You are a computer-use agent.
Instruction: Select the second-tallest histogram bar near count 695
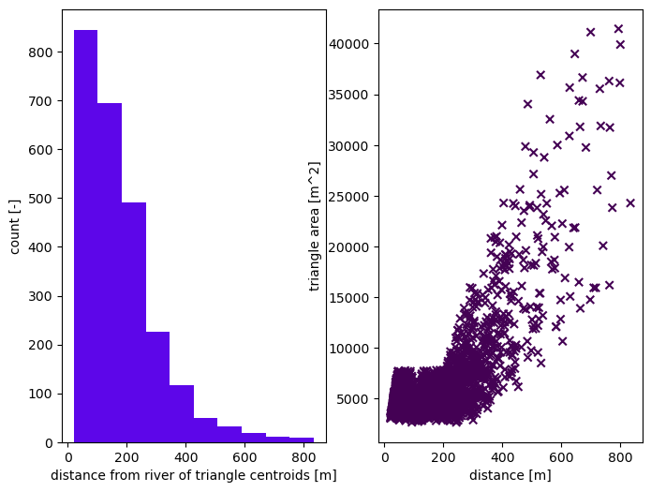(110, 272)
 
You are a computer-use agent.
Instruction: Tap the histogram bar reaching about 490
(134, 323)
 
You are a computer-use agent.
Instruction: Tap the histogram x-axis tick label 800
(303, 458)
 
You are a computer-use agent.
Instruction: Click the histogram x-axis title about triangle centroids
(193, 476)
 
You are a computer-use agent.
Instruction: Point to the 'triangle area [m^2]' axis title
(316, 226)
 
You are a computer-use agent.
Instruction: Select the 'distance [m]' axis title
(510, 476)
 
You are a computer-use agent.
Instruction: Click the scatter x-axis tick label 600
(562, 458)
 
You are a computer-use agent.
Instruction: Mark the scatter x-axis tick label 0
(385, 458)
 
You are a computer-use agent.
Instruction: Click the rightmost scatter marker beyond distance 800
(630, 202)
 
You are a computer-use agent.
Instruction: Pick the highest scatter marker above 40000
(618, 29)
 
